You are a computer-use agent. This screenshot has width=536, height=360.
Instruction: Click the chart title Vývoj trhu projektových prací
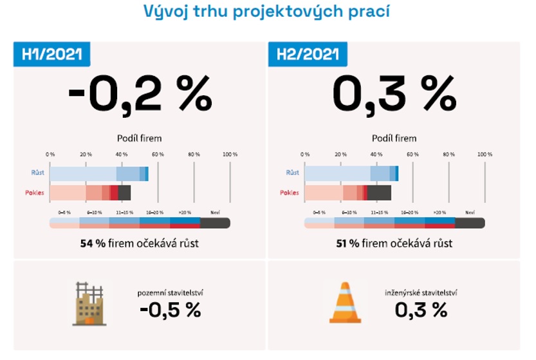267,12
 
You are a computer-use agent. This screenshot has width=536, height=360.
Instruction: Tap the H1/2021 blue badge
52,54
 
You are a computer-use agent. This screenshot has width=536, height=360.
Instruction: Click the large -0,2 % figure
140,96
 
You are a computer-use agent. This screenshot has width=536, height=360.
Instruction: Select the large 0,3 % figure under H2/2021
394,96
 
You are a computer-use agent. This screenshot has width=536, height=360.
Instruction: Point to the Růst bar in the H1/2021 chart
99,173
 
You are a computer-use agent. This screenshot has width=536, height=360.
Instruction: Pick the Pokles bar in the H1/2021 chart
90,193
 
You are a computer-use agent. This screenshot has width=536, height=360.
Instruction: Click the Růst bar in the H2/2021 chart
351,173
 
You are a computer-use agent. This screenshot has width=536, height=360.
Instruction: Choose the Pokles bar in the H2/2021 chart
347,193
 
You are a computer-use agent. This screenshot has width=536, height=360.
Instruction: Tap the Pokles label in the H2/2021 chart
289,193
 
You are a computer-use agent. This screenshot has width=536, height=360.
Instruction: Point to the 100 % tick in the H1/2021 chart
230,155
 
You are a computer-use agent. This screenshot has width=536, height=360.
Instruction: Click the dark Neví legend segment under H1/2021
215,223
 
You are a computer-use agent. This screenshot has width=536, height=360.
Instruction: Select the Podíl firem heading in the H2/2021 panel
394,138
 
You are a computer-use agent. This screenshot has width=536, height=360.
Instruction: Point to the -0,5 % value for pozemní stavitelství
171,310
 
